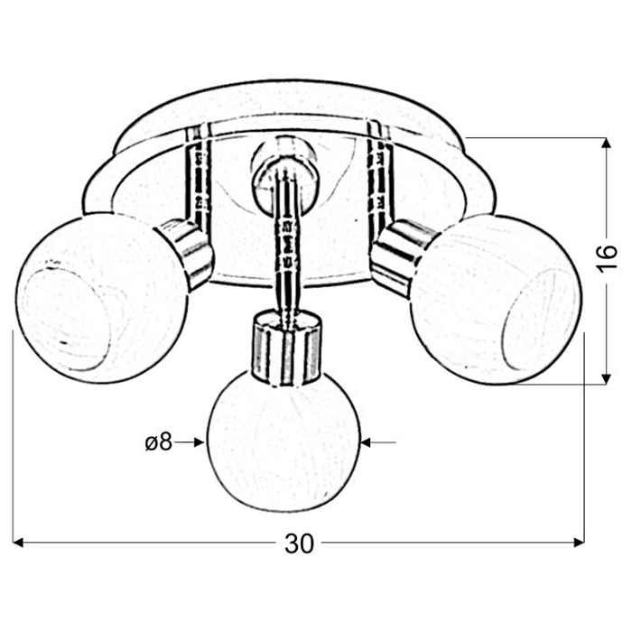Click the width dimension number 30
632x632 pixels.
(299, 544)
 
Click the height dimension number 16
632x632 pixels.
(607, 258)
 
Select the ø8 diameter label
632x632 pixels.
(158, 442)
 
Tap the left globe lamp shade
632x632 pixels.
(101, 297)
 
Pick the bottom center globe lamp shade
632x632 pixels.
(283, 441)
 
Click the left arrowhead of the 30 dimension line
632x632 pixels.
(18, 543)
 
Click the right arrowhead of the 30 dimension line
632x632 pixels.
(580, 543)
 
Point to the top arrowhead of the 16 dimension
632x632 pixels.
(606, 143)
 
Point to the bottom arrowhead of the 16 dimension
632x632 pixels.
(606, 378)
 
